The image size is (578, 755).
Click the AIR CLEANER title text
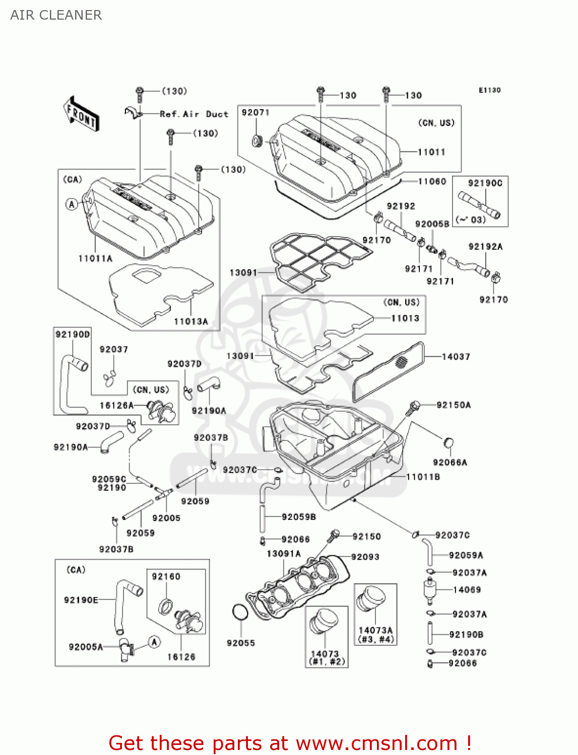(x=56, y=15)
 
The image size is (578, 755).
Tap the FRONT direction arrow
(x=81, y=114)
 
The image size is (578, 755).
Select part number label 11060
(x=432, y=181)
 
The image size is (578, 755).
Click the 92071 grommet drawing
(x=258, y=140)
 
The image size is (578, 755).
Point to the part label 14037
(x=456, y=357)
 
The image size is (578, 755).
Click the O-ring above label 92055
(x=240, y=613)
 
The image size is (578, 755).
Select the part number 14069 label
(x=467, y=589)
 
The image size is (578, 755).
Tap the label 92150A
(x=454, y=405)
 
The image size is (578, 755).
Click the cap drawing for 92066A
(x=448, y=443)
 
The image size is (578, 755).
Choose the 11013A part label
(x=190, y=321)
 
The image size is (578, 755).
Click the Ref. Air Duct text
(x=194, y=114)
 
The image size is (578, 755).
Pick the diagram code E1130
(x=489, y=90)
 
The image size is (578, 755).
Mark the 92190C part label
(x=485, y=183)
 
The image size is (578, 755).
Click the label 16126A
(x=116, y=405)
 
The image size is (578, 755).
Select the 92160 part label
(x=166, y=576)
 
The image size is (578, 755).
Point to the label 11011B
(x=423, y=477)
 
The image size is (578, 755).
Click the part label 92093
(x=365, y=557)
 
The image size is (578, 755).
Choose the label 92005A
(x=86, y=647)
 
